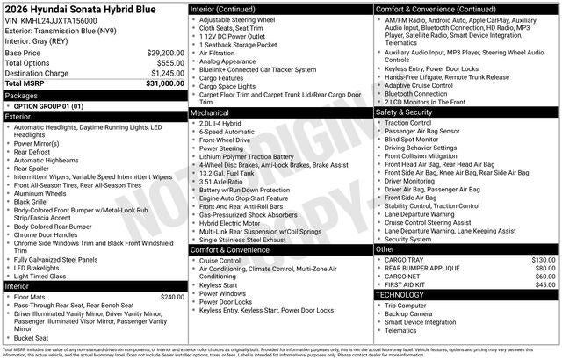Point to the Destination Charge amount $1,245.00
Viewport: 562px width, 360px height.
163,73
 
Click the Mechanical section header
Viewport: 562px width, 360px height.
211,113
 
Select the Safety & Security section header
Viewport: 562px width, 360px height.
405,113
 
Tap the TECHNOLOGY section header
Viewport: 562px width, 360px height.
401,295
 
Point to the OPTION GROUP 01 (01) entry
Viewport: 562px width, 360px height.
49,105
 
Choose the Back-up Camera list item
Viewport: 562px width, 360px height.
408,313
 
